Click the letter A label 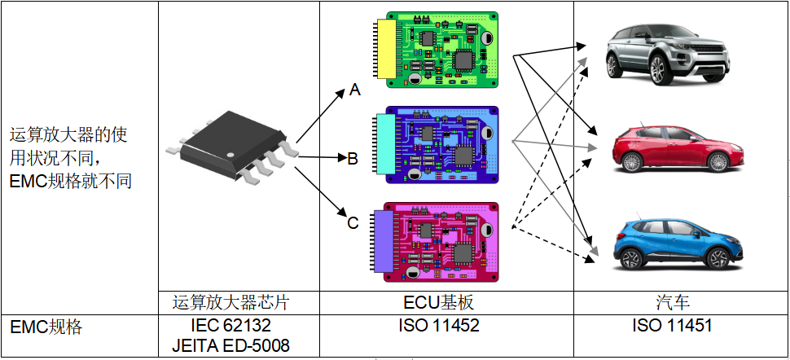coord(354,90)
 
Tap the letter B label coord(353,158)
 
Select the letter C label coord(353,222)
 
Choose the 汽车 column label coord(673,303)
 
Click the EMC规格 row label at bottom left coord(46,327)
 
